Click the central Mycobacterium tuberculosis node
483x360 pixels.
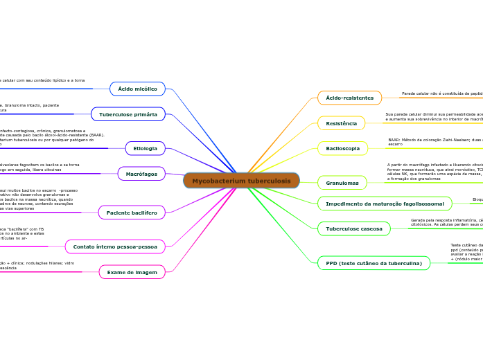click(x=241, y=181)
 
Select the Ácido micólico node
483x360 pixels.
click(x=137, y=89)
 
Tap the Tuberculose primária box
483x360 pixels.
click(x=128, y=114)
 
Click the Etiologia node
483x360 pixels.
click(x=145, y=148)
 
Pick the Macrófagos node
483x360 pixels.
click(x=141, y=174)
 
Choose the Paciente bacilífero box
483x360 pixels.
click(x=132, y=213)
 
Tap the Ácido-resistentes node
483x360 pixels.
click(x=349, y=98)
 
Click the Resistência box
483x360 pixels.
click(x=341, y=123)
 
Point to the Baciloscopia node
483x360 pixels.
click(x=342, y=148)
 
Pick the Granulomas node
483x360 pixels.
click(x=342, y=183)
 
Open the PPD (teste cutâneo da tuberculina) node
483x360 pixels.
click(x=374, y=263)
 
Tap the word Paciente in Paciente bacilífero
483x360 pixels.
click(x=118, y=213)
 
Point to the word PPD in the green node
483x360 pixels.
click(x=331, y=263)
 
